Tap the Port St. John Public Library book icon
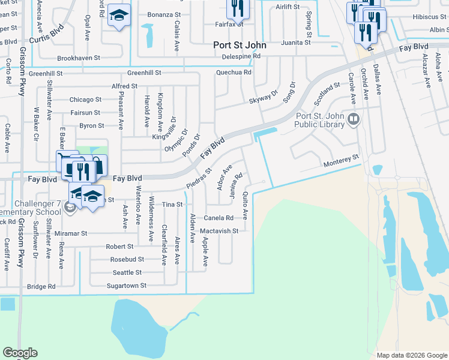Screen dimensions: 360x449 click(x=354, y=121)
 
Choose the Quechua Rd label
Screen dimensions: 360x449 click(x=234, y=73)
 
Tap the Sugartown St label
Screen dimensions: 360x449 click(x=127, y=286)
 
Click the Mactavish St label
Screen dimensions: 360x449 click(x=219, y=230)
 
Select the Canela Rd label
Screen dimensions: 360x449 click(x=218, y=218)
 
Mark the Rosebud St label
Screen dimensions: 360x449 click(x=127, y=259)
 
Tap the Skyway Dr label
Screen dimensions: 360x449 click(x=264, y=98)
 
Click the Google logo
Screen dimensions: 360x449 click(x=20, y=353)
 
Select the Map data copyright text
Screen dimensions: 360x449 click(x=412, y=355)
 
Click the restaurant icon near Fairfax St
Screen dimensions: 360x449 click(x=237, y=8)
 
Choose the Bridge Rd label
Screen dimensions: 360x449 click(x=41, y=286)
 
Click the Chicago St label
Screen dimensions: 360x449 click(x=85, y=100)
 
